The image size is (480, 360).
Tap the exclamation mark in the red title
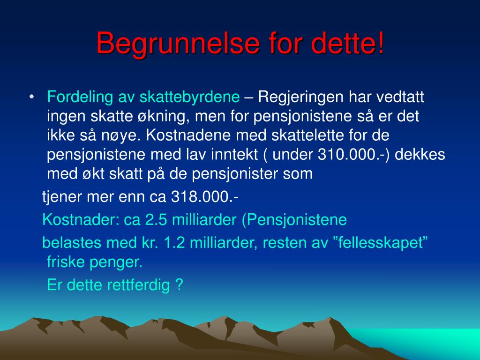point(381,42)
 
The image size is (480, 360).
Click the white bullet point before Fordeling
point(31,97)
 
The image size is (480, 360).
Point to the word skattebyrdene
point(189,97)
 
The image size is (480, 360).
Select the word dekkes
point(420,154)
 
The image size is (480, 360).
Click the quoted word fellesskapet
point(381,242)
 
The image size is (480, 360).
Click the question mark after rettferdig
point(180,285)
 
